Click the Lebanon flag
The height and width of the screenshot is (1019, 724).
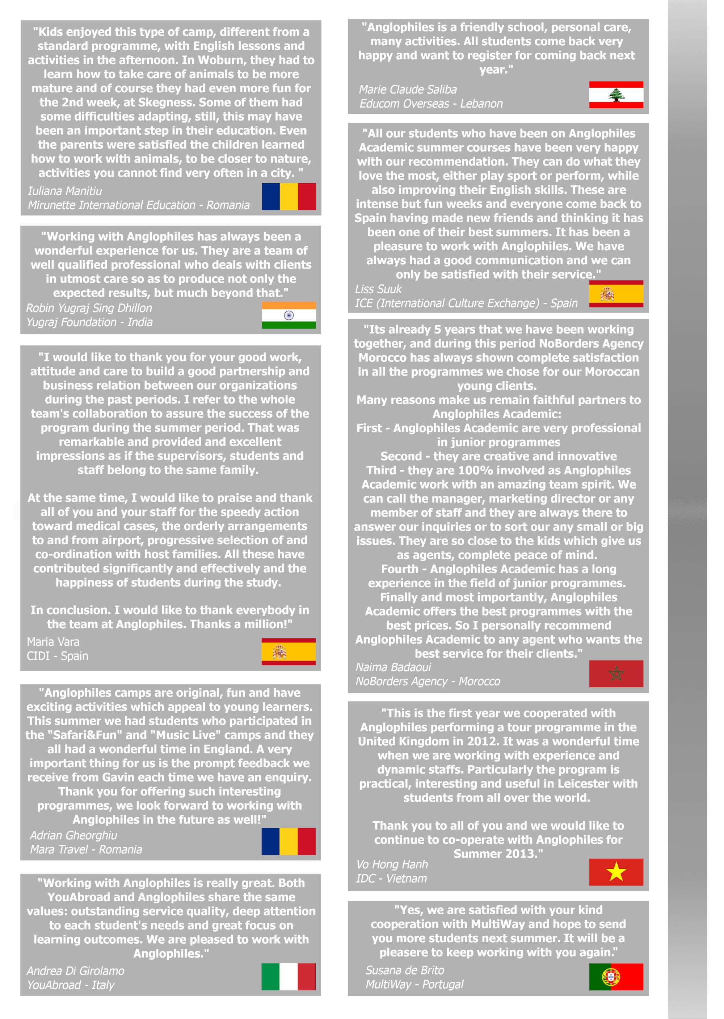(x=616, y=95)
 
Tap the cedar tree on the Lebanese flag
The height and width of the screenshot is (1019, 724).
(x=616, y=95)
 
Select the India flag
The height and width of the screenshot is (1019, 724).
(x=289, y=315)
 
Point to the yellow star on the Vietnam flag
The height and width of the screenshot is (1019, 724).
(x=616, y=871)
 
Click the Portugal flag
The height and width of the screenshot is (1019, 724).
(x=616, y=977)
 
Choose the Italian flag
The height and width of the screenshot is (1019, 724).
(x=289, y=977)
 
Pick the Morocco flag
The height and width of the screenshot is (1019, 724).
(x=616, y=674)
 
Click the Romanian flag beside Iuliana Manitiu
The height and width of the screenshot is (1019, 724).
(x=289, y=196)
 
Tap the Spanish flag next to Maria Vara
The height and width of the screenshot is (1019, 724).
(x=289, y=651)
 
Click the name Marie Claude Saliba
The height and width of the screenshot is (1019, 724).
(x=408, y=90)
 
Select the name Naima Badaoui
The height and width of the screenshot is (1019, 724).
(x=393, y=667)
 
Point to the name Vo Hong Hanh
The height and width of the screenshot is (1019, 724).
(x=392, y=864)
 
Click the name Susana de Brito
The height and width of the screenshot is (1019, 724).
(x=404, y=970)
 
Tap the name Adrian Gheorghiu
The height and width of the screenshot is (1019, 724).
(x=73, y=835)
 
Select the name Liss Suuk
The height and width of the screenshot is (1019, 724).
(x=378, y=289)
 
